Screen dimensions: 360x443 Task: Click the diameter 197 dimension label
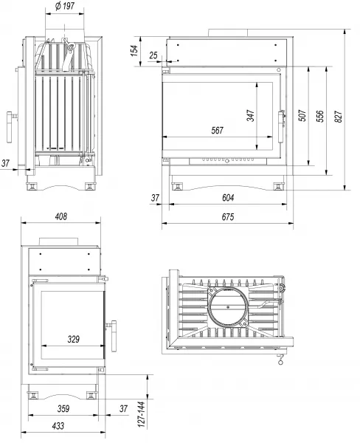tap(65, 6)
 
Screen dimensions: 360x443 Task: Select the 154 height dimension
tap(135, 50)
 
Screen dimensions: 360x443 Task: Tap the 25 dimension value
tap(153, 55)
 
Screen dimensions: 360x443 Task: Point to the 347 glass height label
tap(250, 115)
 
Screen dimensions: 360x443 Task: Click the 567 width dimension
tap(217, 131)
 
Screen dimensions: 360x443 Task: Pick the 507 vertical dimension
tap(302, 115)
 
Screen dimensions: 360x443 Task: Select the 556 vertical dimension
tap(320, 116)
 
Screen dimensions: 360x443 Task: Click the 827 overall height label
tap(338, 117)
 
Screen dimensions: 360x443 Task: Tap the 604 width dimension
tap(228, 197)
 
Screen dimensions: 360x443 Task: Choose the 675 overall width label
tap(228, 216)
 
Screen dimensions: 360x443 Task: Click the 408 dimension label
tap(60, 216)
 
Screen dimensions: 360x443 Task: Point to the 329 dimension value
tap(74, 339)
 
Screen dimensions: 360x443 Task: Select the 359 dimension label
tap(63, 408)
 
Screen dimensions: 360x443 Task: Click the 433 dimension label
tap(58, 425)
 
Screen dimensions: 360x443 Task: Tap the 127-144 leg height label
tap(142, 414)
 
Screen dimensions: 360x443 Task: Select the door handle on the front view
tap(281, 126)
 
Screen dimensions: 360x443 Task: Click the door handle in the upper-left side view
tap(10, 127)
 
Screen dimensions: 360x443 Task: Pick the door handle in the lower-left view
tap(114, 336)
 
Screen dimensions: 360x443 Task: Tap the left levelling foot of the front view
tap(177, 186)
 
